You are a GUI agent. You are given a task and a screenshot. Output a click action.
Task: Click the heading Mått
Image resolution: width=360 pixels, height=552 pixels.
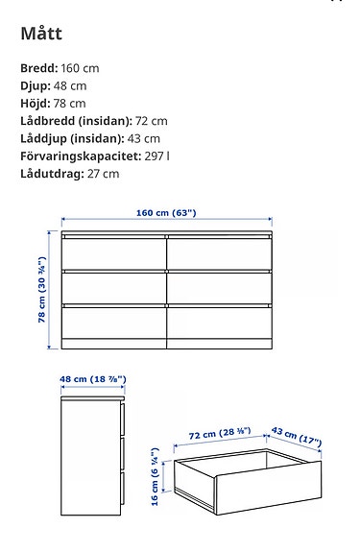42,36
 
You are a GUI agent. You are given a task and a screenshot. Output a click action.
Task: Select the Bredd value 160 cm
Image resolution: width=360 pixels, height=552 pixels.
79,69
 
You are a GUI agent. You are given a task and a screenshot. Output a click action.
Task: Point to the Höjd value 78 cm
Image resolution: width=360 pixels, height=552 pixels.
69,104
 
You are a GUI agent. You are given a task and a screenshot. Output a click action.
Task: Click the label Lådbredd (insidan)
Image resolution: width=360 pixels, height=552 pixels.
73,121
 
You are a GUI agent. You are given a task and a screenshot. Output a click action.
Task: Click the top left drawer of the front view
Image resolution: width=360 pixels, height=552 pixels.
114,252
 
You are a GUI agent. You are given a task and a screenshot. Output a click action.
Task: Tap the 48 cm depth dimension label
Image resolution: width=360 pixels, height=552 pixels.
92,380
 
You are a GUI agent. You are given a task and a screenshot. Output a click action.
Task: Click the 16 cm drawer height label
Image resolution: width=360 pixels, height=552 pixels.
155,481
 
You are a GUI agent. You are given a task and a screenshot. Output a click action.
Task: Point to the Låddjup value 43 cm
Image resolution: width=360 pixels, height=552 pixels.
140,138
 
